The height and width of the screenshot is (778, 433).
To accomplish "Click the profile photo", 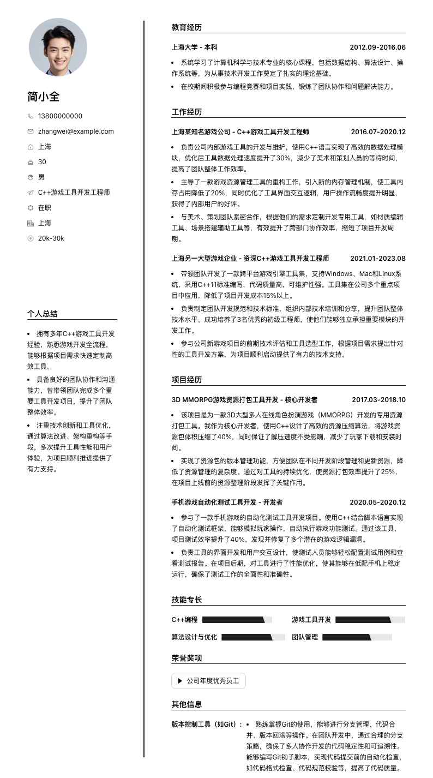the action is pyautogui.click(x=58, y=47).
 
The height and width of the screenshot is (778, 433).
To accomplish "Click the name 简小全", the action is pyautogui.click(x=44, y=97).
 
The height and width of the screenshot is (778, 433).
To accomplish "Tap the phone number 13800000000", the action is pyautogui.click(x=60, y=116).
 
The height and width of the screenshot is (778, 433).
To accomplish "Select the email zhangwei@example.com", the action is pyautogui.click(x=76, y=131).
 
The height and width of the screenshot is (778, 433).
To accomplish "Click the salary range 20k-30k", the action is pyautogui.click(x=51, y=238).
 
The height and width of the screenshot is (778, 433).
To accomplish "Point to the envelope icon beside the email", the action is pyautogui.click(x=31, y=131).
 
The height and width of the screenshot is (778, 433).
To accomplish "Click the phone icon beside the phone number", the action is pyautogui.click(x=31, y=116).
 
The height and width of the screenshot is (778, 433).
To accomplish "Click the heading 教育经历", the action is pyautogui.click(x=187, y=27).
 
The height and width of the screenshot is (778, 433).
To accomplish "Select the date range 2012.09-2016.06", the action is pyautogui.click(x=377, y=47).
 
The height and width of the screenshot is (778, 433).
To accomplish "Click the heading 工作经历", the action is pyautogui.click(x=187, y=112).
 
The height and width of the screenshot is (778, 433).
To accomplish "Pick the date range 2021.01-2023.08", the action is pyautogui.click(x=377, y=259).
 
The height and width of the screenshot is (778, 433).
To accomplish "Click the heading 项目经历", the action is pyautogui.click(x=187, y=380).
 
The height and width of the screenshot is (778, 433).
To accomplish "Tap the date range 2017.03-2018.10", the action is pyautogui.click(x=378, y=400).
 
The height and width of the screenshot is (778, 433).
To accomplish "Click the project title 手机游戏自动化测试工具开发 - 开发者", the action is pyautogui.click(x=227, y=502).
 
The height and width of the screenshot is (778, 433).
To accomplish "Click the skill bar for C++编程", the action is pyautogui.click(x=237, y=620).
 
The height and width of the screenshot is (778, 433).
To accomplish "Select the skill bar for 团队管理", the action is pyautogui.click(x=357, y=637).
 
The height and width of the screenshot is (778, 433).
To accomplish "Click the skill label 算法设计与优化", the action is pyautogui.click(x=194, y=637).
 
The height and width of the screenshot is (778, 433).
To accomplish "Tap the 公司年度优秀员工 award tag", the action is pyautogui.click(x=208, y=681).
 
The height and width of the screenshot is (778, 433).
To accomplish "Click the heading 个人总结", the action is pyautogui.click(x=43, y=314).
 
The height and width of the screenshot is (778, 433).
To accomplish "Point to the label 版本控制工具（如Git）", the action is pyautogui.click(x=207, y=725).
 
